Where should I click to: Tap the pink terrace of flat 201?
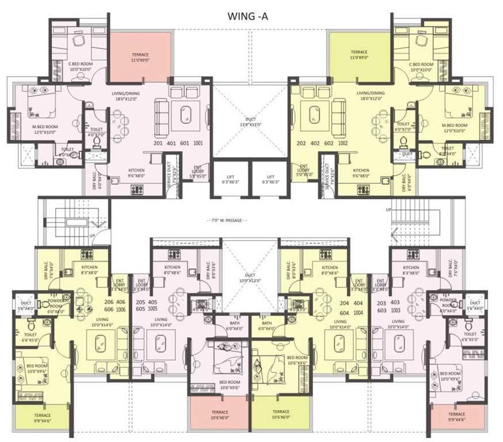pos(140,55)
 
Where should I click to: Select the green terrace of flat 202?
pos(359,55)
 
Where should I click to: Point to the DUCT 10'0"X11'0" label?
pos(250,278)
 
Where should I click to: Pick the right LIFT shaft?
pos(269,179)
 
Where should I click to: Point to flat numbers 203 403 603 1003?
pos(390,305)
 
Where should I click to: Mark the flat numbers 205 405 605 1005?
pos(146,305)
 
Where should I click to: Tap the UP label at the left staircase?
pos(92,236)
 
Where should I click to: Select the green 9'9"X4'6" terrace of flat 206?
pos(41,417)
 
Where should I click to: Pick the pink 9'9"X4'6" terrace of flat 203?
pos(457,417)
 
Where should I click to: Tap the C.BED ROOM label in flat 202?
pos(420,67)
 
